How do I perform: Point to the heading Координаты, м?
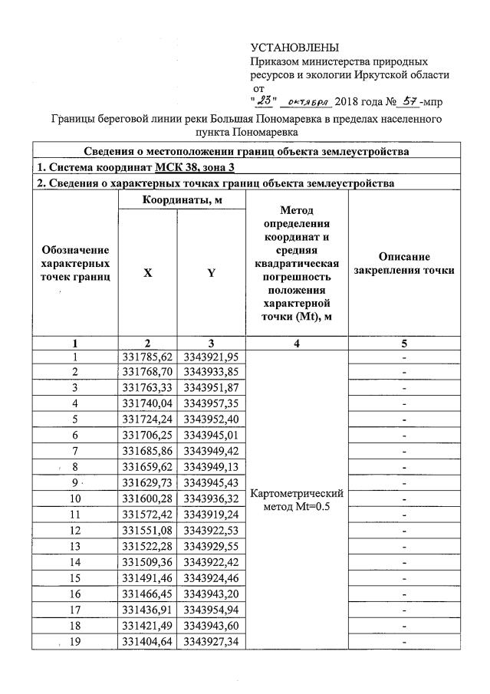pos(182,199)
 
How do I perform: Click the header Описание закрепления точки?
pos(403,263)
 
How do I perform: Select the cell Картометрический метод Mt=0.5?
pos(296,500)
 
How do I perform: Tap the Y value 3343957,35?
pos(211,403)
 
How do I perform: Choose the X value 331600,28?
pos(147,499)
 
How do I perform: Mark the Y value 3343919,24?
pos(211,515)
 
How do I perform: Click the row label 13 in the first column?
pos(75,547)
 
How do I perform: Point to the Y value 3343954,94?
pos(211,610)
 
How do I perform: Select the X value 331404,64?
pos(147,643)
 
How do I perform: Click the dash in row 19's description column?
pos(403,643)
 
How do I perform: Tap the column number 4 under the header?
pos(296,344)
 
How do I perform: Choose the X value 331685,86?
pos(147,451)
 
